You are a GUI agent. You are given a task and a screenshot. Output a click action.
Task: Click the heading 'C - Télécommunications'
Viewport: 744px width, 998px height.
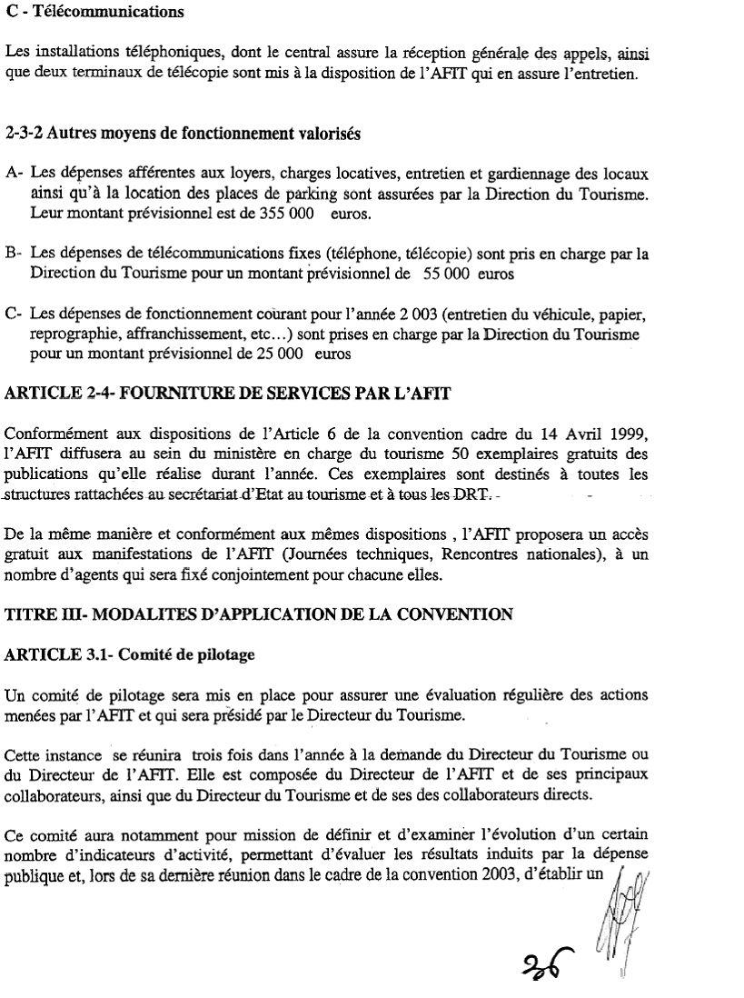pos(94,14)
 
